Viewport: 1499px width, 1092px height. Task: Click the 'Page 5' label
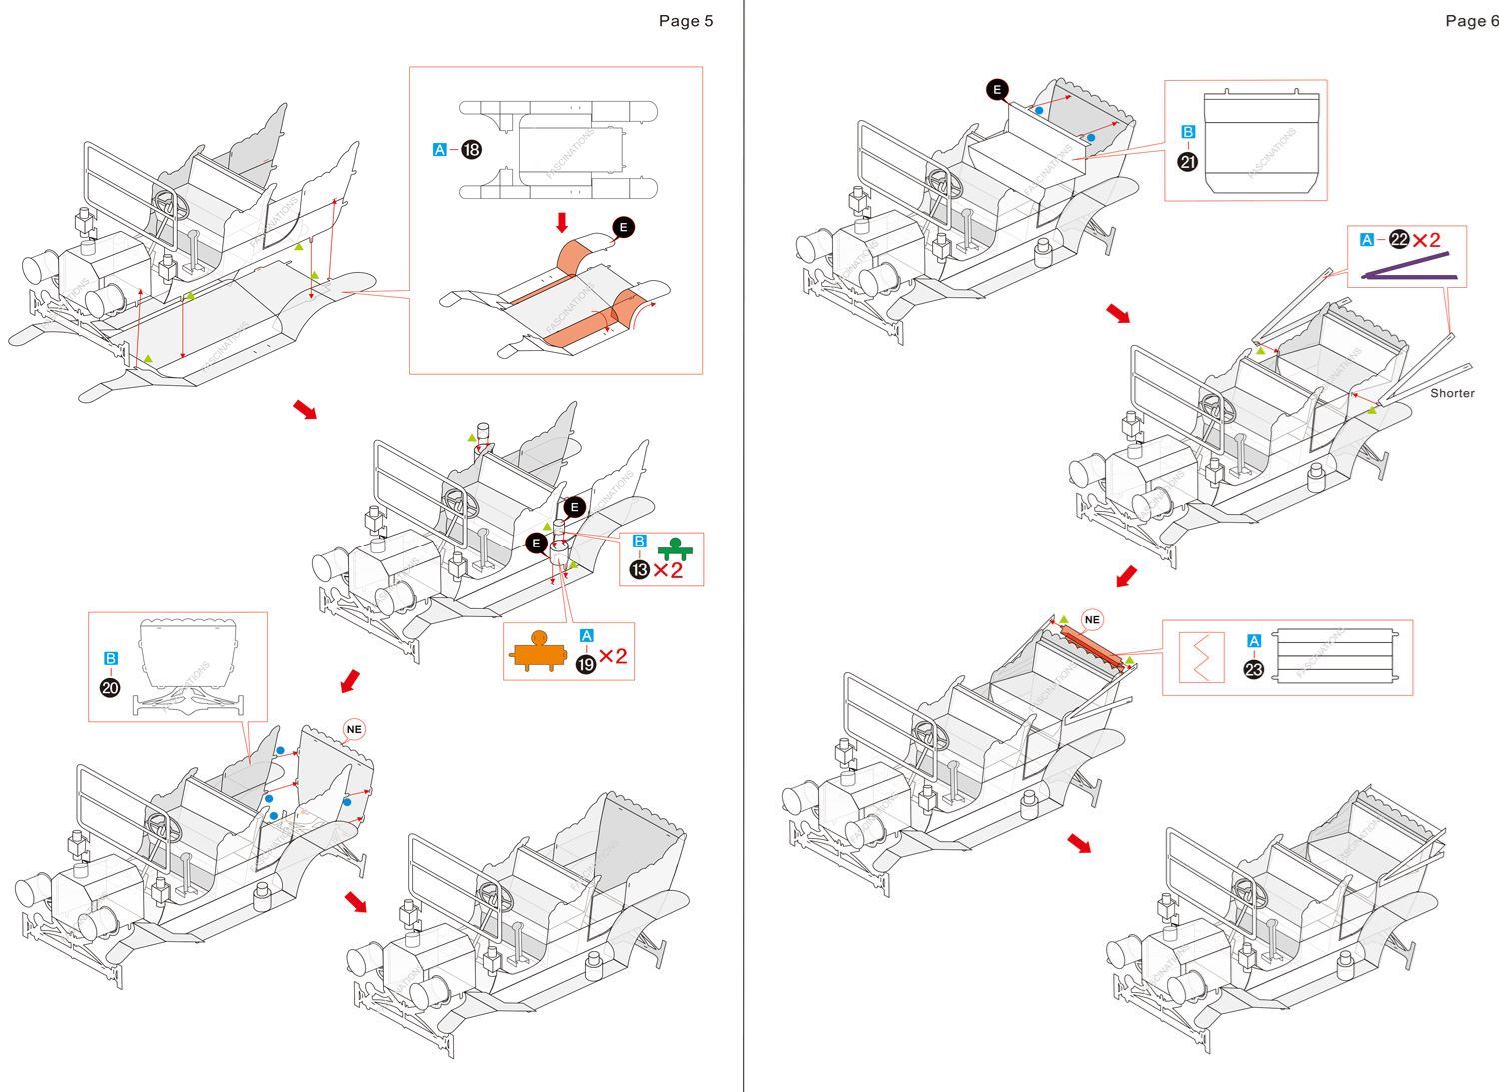[685, 21]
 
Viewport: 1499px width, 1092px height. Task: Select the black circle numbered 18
[471, 150]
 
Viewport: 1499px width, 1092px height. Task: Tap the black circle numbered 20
[111, 687]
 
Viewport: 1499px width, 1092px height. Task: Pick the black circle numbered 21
[1187, 161]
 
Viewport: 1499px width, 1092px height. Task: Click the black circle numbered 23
[1254, 670]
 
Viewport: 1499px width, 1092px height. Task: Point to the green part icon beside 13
[675, 548]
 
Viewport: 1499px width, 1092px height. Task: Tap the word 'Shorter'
[1452, 393]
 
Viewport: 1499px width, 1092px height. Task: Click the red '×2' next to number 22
[1427, 240]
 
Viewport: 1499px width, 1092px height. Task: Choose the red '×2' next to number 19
[613, 656]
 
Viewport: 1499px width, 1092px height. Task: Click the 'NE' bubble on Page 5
[354, 729]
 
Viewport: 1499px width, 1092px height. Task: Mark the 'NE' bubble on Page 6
[1092, 620]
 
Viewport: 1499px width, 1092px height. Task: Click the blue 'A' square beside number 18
[440, 150]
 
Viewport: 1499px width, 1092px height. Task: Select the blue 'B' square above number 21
[1187, 132]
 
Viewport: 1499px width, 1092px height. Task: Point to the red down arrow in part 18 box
[562, 221]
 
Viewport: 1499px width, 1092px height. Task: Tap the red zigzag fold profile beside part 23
[1202, 657]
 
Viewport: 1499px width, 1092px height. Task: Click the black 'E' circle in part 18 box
[623, 228]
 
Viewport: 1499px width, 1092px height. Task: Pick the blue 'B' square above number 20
[111, 658]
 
